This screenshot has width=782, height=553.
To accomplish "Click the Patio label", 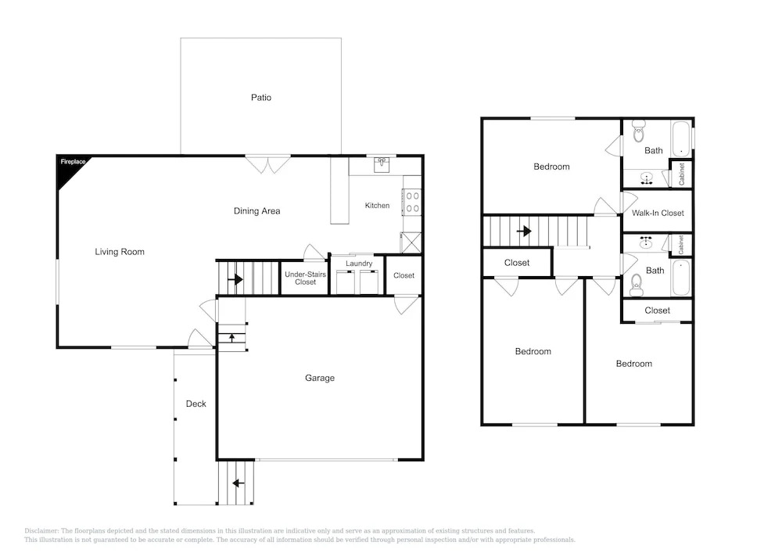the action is click(261, 97).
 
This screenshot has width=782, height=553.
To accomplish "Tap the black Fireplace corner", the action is click(68, 167).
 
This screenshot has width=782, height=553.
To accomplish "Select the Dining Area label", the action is click(256, 211).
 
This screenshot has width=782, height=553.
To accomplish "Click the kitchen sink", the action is click(382, 163).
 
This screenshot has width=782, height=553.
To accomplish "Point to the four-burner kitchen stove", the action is click(412, 202).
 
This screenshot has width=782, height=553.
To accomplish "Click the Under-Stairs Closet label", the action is click(305, 278).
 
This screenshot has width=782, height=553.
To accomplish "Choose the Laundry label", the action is click(359, 264).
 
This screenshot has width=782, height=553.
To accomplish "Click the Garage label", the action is click(320, 378).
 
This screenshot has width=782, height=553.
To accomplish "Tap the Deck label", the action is click(196, 404).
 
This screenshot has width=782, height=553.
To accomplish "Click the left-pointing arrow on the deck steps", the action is click(239, 483).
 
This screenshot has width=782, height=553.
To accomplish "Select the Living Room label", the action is click(120, 252).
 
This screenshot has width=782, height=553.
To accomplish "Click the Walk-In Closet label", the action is click(658, 213).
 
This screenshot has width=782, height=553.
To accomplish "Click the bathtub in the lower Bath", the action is click(681, 277).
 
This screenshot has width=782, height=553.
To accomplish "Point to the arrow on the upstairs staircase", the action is click(524, 232).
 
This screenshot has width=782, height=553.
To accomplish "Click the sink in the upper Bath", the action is click(647, 178).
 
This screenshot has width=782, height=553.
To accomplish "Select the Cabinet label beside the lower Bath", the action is click(681, 245).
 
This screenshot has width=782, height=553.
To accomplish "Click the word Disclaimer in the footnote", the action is click(41, 531).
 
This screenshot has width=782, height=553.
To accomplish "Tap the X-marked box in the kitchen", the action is click(411, 242).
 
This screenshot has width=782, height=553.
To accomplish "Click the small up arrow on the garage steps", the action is click(232, 338).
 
